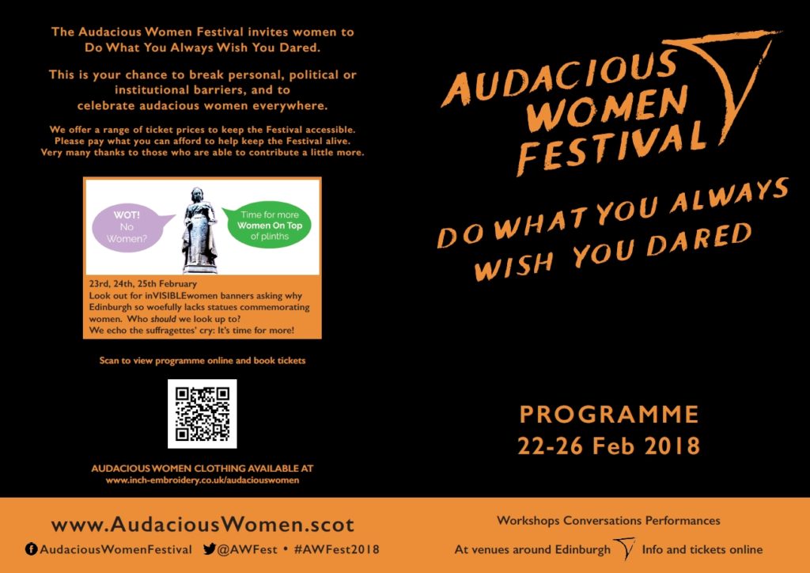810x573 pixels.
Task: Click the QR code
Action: (x=202, y=413)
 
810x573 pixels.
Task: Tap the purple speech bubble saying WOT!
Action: (x=130, y=227)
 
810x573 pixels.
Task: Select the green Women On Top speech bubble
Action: (x=267, y=225)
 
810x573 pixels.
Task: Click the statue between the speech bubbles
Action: (x=199, y=230)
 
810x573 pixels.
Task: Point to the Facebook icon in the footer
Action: (x=31, y=549)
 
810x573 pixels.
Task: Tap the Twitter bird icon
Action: (x=209, y=548)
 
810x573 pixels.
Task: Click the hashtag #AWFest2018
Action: (x=336, y=549)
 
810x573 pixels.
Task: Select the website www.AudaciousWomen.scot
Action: (x=202, y=525)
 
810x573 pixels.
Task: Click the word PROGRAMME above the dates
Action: (x=608, y=415)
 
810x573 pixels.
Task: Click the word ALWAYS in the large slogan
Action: (x=729, y=198)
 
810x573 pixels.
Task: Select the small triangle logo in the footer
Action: (x=625, y=548)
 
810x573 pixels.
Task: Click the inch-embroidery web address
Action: (x=202, y=480)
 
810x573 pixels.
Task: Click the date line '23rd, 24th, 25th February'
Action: (x=143, y=284)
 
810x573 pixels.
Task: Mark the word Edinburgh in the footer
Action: (x=583, y=549)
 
